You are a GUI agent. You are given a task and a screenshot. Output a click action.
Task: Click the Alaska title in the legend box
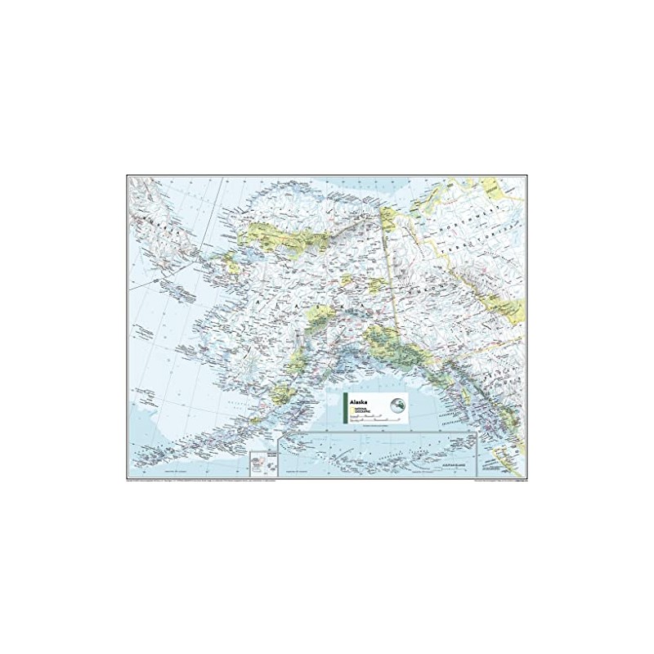(x=358, y=402)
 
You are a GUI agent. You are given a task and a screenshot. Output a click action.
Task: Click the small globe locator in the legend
(x=397, y=404)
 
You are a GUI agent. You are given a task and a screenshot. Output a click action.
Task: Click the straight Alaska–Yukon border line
(x=391, y=270)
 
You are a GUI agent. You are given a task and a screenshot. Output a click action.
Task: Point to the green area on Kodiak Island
(x=285, y=397)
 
